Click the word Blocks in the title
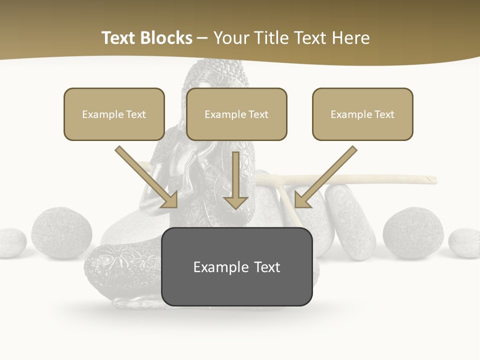coord(168,38)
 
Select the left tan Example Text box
coord(114,114)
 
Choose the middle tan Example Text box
coord(236,114)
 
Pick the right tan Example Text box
coord(362,114)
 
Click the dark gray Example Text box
coord(236,267)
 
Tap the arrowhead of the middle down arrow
coord(235,202)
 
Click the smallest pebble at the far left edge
coord(11,243)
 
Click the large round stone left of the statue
coord(61,233)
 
